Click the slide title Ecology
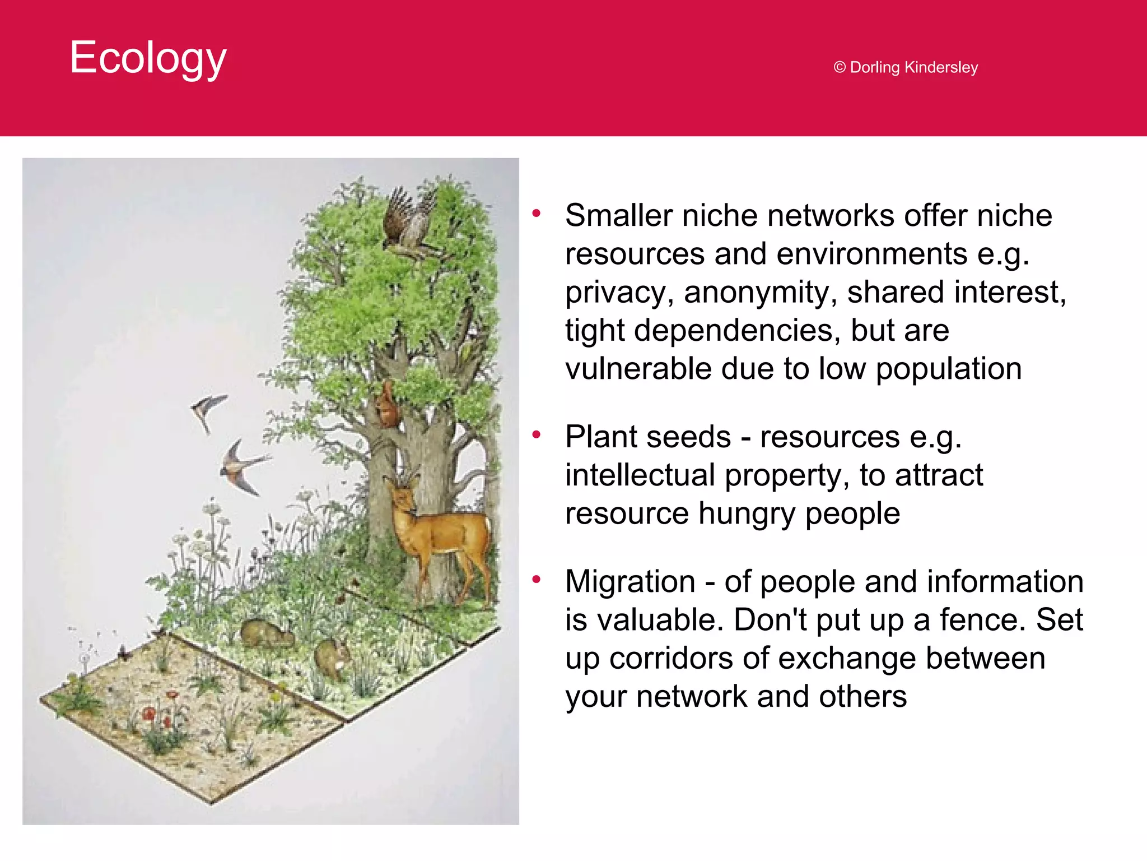(148, 58)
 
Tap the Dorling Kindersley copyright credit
(906, 67)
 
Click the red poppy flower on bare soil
(149, 714)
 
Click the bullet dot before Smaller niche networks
(537, 213)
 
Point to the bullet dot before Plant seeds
(537, 434)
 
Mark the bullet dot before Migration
(537, 579)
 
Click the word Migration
(630, 582)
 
